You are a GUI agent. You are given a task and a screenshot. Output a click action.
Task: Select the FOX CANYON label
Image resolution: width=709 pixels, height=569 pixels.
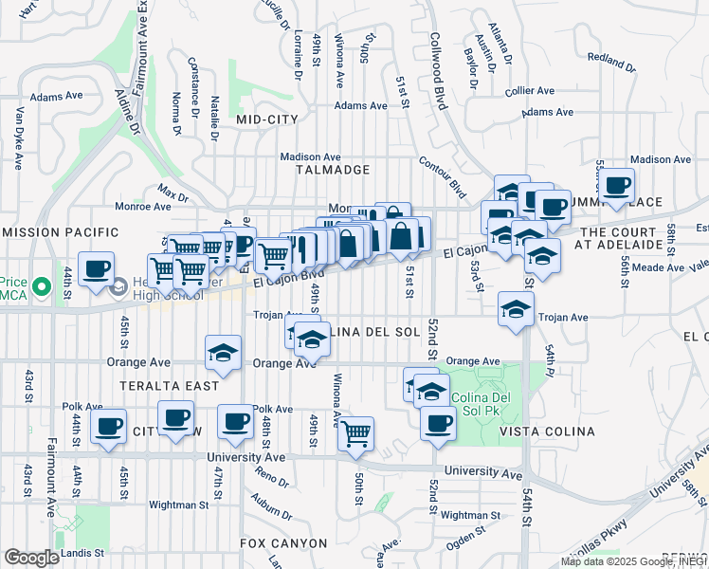[283, 543]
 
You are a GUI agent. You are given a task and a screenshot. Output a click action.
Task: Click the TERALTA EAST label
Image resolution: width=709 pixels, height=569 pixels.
[170, 386]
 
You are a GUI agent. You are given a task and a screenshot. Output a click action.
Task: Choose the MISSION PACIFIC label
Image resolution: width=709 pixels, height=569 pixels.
[62, 232]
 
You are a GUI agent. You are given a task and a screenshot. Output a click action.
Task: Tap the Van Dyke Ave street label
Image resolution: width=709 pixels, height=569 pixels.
[18, 138]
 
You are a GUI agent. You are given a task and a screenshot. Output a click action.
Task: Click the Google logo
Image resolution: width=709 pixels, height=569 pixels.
[31, 558]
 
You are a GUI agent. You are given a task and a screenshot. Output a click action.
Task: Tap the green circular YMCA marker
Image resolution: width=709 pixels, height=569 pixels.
[41, 285]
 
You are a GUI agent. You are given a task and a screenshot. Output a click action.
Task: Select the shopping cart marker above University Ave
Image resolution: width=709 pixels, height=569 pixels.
[356, 433]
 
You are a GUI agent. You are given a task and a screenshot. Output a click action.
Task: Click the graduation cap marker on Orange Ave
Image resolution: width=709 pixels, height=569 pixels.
[222, 354]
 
